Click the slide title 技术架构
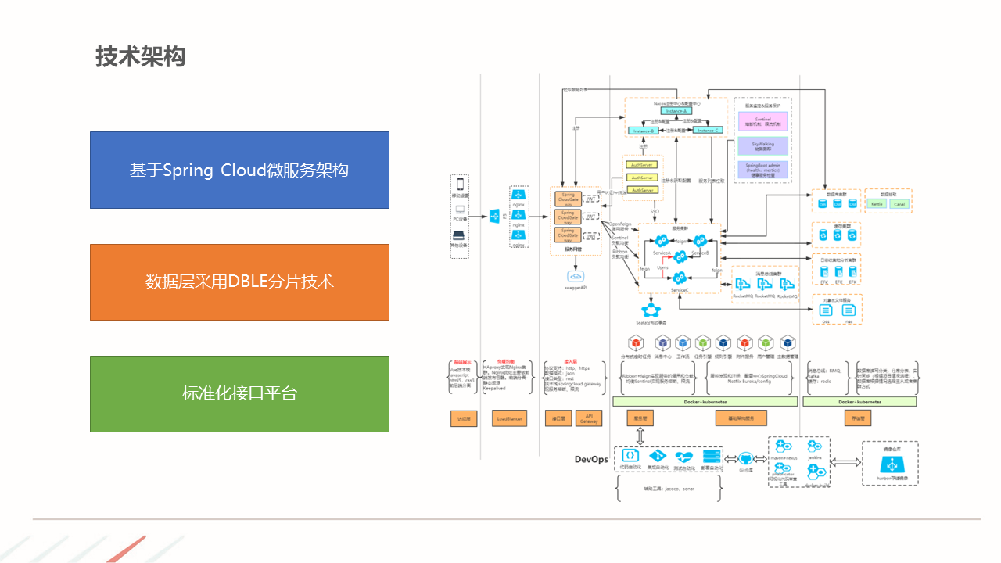click(x=141, y=57)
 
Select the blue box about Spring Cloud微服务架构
click(x=239, y=170)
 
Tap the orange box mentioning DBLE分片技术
click(x=239, y=282)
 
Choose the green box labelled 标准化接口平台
click(x=239, y=394)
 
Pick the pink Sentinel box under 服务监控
click(x=763, y=122)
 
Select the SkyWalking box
click(x=763, y=146)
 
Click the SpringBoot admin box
click(x=763, y=170)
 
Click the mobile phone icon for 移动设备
click(x=460, y=185)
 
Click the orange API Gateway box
click(x=589, y=419)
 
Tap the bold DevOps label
click(x=591, y=459)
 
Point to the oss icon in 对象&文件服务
click(x=826, y=311)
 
